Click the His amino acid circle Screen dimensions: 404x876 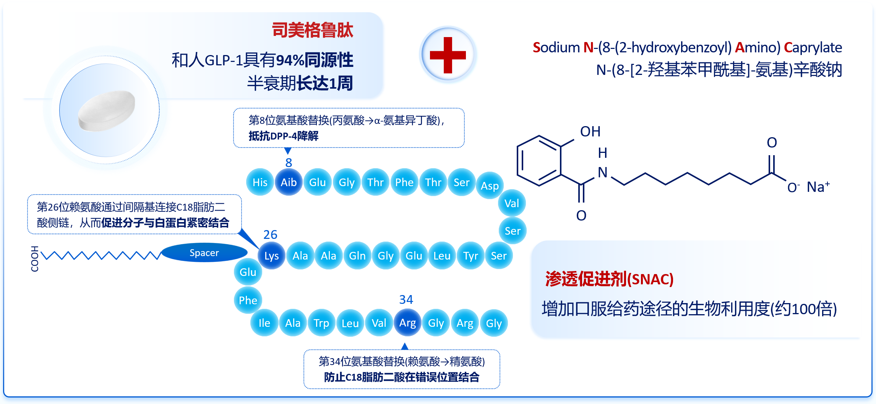(x=260, y=182)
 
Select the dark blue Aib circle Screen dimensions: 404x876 (x=289, y=182)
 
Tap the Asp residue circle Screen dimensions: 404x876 (x=490, y=186)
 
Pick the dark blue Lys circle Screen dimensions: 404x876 (x=271, y=256)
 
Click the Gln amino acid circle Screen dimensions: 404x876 (x=357, y=256)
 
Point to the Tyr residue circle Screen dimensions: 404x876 (x=470, y=256)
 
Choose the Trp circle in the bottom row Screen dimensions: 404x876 (x=321, y=323)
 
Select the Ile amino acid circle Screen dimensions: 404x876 (x=264, y=323)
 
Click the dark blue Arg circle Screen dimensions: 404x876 (x=407, y=323)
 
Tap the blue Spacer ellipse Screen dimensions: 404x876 (x=204, y=253)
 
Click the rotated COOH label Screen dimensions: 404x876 (x=35, y=259)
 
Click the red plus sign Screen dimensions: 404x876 (x=448, y=55)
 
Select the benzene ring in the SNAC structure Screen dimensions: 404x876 (x=539, y=161)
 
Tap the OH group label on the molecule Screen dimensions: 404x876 (x=590, y=131)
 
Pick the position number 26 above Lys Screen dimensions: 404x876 (x=270, y=234)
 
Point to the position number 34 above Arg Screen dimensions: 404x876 (x=406, y=299)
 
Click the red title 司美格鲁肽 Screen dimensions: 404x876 (x=312, y=30)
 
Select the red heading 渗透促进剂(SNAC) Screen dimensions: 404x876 (x=609, y=279)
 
